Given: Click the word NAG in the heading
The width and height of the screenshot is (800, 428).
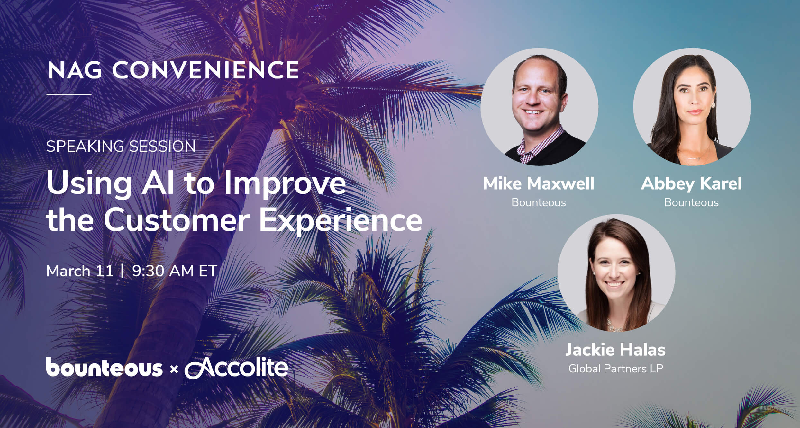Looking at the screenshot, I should [x=75, y=70].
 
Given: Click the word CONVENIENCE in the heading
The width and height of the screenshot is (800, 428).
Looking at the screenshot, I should [x=205, y=70].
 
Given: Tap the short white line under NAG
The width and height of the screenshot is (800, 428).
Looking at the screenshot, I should [x=69, y=94].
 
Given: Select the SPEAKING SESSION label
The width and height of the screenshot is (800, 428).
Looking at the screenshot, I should [x=121, y=146].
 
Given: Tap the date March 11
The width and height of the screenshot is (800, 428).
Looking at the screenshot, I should [x=80, y=271].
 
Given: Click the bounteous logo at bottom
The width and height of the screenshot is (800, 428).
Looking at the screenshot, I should [x=104, y=368].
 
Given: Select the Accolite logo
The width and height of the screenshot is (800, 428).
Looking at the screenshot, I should [x=236, y=368].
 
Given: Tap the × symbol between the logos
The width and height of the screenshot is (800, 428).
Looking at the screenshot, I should [x=174, y=370].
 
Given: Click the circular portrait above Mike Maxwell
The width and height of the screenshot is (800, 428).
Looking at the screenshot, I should [x=539, y=107].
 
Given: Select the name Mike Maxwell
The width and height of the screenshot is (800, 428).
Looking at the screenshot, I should [x=539, y=184].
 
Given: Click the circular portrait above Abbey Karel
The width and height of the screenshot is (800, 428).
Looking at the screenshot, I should [x=692, y=107].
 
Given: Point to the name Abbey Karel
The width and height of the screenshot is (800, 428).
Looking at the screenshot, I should [x=691, y=184].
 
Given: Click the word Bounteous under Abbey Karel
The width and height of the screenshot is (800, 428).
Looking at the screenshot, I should [x=691, y=202].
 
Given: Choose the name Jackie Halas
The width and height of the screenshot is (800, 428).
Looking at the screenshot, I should [x=615, y=350].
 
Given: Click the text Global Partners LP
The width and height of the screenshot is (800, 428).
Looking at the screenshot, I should [x=615, y=369].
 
